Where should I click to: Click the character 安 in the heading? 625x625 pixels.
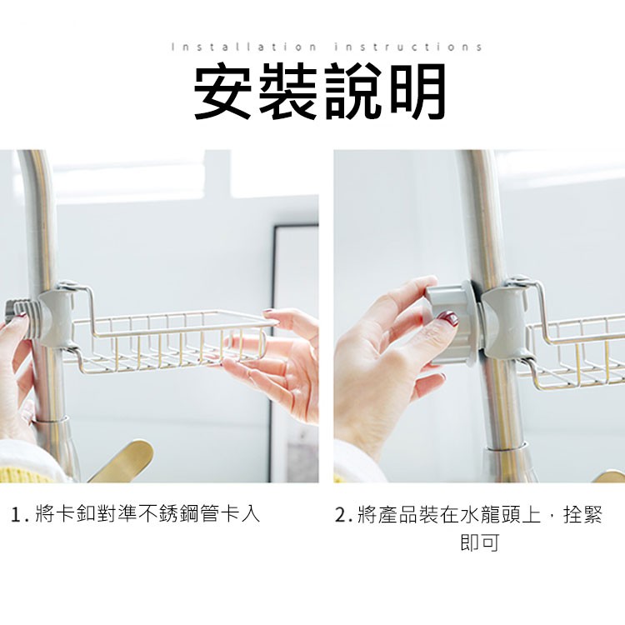pos(223,92)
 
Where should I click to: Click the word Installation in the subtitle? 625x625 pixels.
pos(243,47)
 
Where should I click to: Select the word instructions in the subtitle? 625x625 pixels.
pos(408,47)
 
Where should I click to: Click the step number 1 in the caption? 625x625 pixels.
pos(16,515)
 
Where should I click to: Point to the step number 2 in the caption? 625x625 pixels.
pos(341,515)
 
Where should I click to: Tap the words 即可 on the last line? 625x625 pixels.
pos(479,542)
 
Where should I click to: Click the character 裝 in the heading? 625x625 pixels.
pos(287,92)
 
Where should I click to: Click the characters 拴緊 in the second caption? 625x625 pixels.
pos(582,515)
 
